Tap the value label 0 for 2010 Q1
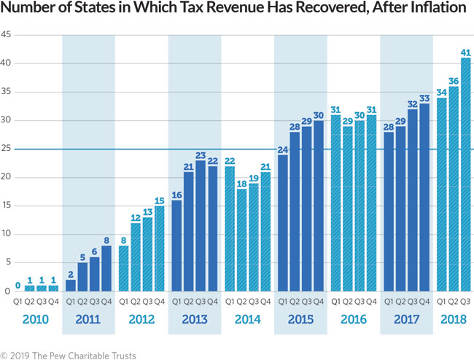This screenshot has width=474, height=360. [x=18, y=286]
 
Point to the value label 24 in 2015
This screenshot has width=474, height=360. [x=282, y=149]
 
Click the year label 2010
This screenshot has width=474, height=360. [x=36, y=319]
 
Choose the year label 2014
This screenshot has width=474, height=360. [x=248, y=319]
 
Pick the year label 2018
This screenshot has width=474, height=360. [x=453, y=319]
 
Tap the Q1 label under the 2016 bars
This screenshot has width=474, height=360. [x=335, y=301]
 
